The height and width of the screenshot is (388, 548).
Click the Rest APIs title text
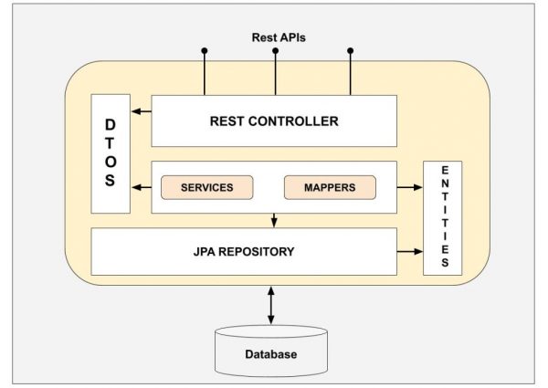click(279, 37)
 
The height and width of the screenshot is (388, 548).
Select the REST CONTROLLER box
click(274, 121)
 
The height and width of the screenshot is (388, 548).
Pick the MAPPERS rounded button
click(331, 187)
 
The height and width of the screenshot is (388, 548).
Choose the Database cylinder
click(270, 351)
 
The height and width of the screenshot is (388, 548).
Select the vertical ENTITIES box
click(444, 217)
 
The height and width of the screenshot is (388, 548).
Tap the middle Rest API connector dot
click(275, 51)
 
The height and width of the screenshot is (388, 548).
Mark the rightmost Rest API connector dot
click(348, 51)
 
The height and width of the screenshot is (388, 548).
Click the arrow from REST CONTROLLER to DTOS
click(140, 112)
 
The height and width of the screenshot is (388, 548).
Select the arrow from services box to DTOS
click(140, 187)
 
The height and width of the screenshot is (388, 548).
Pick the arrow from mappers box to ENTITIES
click(410, 187)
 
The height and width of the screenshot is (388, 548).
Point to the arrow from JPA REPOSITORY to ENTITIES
click(410, 250)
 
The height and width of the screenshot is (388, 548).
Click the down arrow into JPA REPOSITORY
click(275, 220)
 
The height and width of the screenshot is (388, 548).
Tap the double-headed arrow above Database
click(270, 303)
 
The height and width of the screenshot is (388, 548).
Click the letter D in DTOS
click(110, 124)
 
